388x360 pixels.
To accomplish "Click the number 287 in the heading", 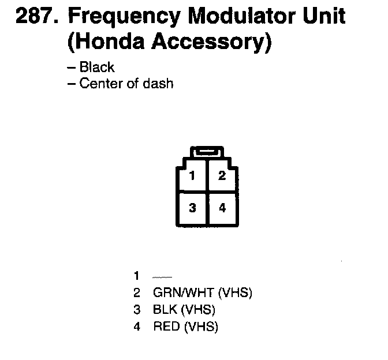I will point(36,17).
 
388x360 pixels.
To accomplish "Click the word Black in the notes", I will point(97,67).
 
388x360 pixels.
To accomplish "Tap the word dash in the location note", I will point(159,84).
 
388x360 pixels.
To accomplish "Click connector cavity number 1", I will point(192,176).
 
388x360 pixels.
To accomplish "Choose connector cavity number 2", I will point(222,176).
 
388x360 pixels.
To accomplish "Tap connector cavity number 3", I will point(192,208).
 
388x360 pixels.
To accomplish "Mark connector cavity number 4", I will point(222,208).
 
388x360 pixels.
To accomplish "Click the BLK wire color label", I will point(165,310).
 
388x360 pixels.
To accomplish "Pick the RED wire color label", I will point(166,327).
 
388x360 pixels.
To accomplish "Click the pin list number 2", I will point(137,292).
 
